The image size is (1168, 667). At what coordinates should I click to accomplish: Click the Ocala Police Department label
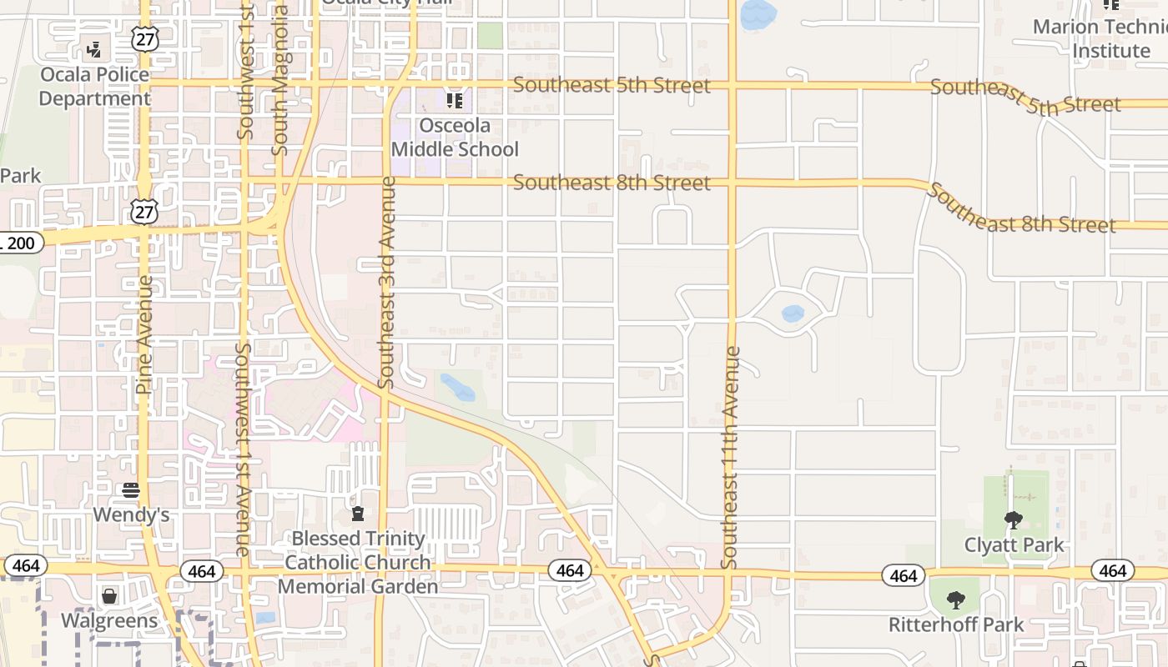tap(94, 87)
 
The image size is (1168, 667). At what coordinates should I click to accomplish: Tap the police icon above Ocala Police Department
tap(94, 49)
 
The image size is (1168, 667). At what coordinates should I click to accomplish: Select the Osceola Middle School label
tap(455, 138)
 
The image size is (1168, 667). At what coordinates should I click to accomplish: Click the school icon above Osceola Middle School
tap(455, 102)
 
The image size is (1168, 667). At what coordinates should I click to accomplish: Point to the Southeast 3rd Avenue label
tap(385, 282)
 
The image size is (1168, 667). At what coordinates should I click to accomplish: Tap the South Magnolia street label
tap(280, 80)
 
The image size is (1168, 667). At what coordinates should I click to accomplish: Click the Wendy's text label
tap(131, 514)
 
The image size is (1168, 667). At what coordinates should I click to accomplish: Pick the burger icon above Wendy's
tap(131, 489)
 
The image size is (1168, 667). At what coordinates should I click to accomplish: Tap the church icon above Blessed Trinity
tap(358, 513)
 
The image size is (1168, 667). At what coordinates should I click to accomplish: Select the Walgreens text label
tap(109, 621)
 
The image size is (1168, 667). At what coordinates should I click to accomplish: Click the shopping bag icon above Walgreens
tap(109, 596)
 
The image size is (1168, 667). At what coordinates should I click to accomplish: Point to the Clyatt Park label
tap(1014, 545)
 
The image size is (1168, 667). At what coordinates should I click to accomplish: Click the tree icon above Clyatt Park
tap(1014, 521)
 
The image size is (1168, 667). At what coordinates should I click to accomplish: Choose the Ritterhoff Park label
tap(956, 624)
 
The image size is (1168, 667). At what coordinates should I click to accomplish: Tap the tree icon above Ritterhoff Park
tap(956, 599)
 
